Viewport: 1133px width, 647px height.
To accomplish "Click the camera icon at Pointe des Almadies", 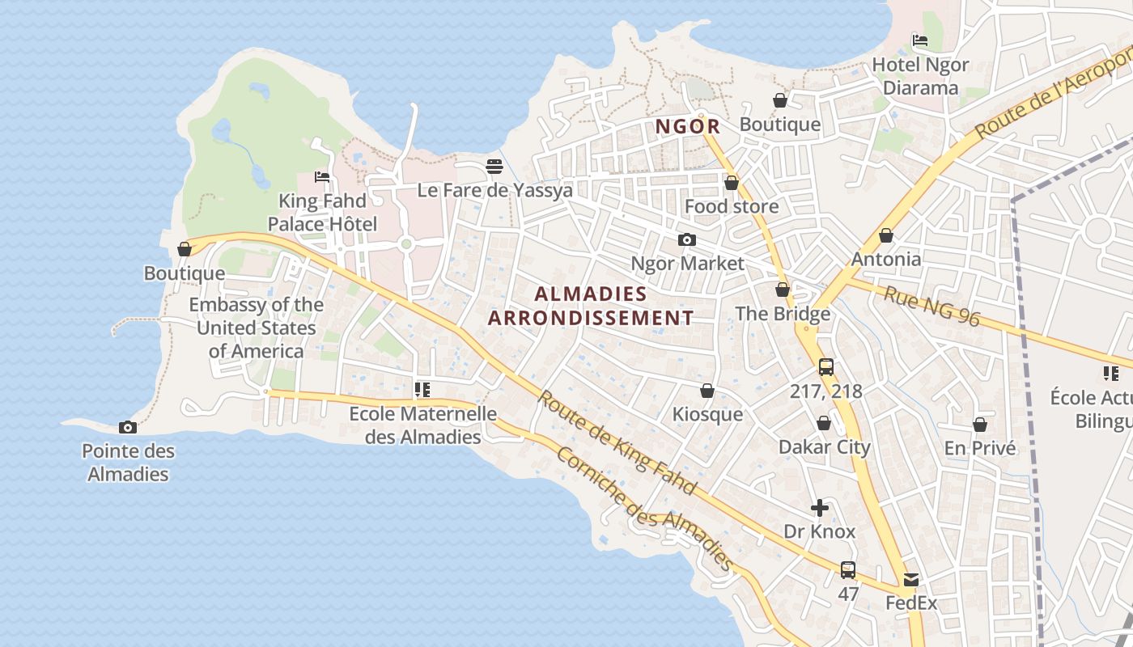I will [127, 427].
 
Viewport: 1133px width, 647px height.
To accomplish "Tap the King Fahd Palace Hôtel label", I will [322, 212].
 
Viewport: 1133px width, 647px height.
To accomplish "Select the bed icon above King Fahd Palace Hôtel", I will [322, 176].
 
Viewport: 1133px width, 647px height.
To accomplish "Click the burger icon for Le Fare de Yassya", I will [494, 167].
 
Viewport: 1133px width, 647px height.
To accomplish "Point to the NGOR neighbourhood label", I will [688, 126].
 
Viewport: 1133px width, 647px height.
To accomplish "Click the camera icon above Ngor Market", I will [686, 239].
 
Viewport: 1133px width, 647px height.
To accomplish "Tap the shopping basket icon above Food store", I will [732, 184].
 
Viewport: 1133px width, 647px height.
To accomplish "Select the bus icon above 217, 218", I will [825, 367].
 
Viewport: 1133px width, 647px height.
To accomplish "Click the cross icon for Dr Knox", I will [820, 508].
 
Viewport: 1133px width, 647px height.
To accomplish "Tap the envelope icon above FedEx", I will [911, 579].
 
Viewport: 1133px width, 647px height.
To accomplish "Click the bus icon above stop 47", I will [847, 569].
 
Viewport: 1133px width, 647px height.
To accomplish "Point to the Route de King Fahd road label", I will [617, 443].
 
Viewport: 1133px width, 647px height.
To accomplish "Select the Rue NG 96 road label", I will [931, 307].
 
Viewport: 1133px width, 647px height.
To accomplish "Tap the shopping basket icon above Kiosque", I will [707, 391].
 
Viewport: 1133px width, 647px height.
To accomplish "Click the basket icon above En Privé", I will [979, 425].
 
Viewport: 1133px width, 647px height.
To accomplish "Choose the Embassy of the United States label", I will [256, 328].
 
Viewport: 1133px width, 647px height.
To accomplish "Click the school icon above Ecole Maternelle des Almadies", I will [422, 390].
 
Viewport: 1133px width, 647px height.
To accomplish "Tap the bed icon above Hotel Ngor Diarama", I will [919, 40].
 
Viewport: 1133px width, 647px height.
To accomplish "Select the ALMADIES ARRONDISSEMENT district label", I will [591, 306].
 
